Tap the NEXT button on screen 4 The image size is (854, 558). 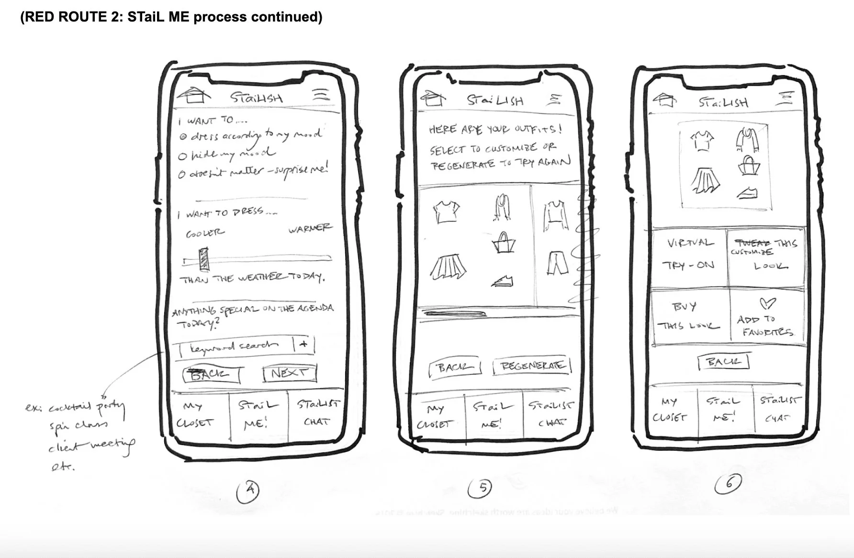[290, 373]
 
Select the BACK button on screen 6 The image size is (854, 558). [722, 362]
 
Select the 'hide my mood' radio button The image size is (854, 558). [182, 156]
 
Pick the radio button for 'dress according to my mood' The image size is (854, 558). [183, 136]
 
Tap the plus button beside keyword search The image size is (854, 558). [303, 345]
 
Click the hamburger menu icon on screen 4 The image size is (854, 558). [321, 94]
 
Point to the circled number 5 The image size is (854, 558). [483, 488]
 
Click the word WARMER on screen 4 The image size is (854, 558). [309, 228]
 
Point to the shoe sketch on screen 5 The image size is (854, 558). [502, 281]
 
